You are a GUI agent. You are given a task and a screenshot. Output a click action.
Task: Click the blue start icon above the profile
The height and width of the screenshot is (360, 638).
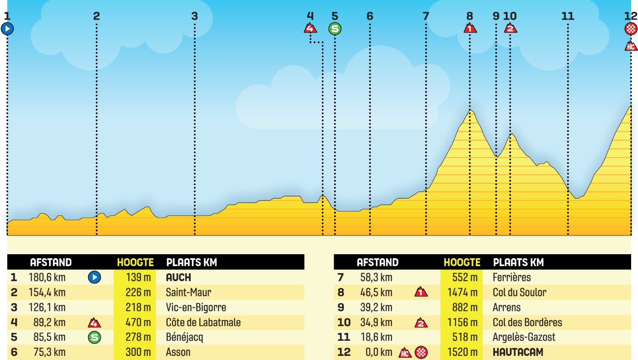pyautogui.click(x=7, y=29)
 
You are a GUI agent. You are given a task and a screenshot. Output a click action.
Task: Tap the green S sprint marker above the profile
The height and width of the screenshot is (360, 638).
pyautogui.click(x=335, y=29)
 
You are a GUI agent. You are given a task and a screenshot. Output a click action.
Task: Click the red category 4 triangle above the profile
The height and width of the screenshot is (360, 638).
pyautogui.click(x=310, y=28)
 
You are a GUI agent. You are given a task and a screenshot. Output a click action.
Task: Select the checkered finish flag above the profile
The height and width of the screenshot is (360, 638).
pyautogui.click(x=631, y=29)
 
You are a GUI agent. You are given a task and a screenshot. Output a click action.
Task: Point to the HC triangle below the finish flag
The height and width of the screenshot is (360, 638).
pyautogui.click(x=631, y=46)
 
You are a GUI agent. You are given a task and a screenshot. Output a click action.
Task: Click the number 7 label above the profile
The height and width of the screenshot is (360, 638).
pyautogui.click(x=426, y=16)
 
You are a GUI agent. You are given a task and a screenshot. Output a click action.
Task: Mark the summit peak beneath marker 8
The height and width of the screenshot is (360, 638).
pyautogui.click(x=470, y=110)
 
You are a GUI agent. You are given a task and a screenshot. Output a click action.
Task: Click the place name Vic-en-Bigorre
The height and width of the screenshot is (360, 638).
pyautogui.click(x=196, y=307)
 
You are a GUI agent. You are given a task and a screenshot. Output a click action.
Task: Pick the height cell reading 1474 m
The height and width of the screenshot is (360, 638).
pyautogui.click(x=462, y=292)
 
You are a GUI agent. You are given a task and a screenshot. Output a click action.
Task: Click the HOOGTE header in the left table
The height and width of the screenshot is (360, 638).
pyautogui.click(x=135, y=262)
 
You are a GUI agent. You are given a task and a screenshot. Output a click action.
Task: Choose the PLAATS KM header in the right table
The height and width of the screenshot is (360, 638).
pyautogui.click(x=518, y=262)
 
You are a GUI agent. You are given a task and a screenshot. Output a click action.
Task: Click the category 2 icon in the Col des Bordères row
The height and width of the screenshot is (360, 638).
pyautogui.click(x=421, y=323)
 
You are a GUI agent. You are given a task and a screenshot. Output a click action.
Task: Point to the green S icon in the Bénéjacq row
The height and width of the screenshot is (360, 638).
pyautogui.click(x=94, y=338)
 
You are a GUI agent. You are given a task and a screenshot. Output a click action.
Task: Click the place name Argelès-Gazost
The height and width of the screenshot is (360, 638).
pyautogui.click(x=524, y=338)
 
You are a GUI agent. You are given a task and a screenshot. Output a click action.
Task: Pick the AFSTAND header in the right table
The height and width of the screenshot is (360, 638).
pyautogui.click(x=378, y=262)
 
